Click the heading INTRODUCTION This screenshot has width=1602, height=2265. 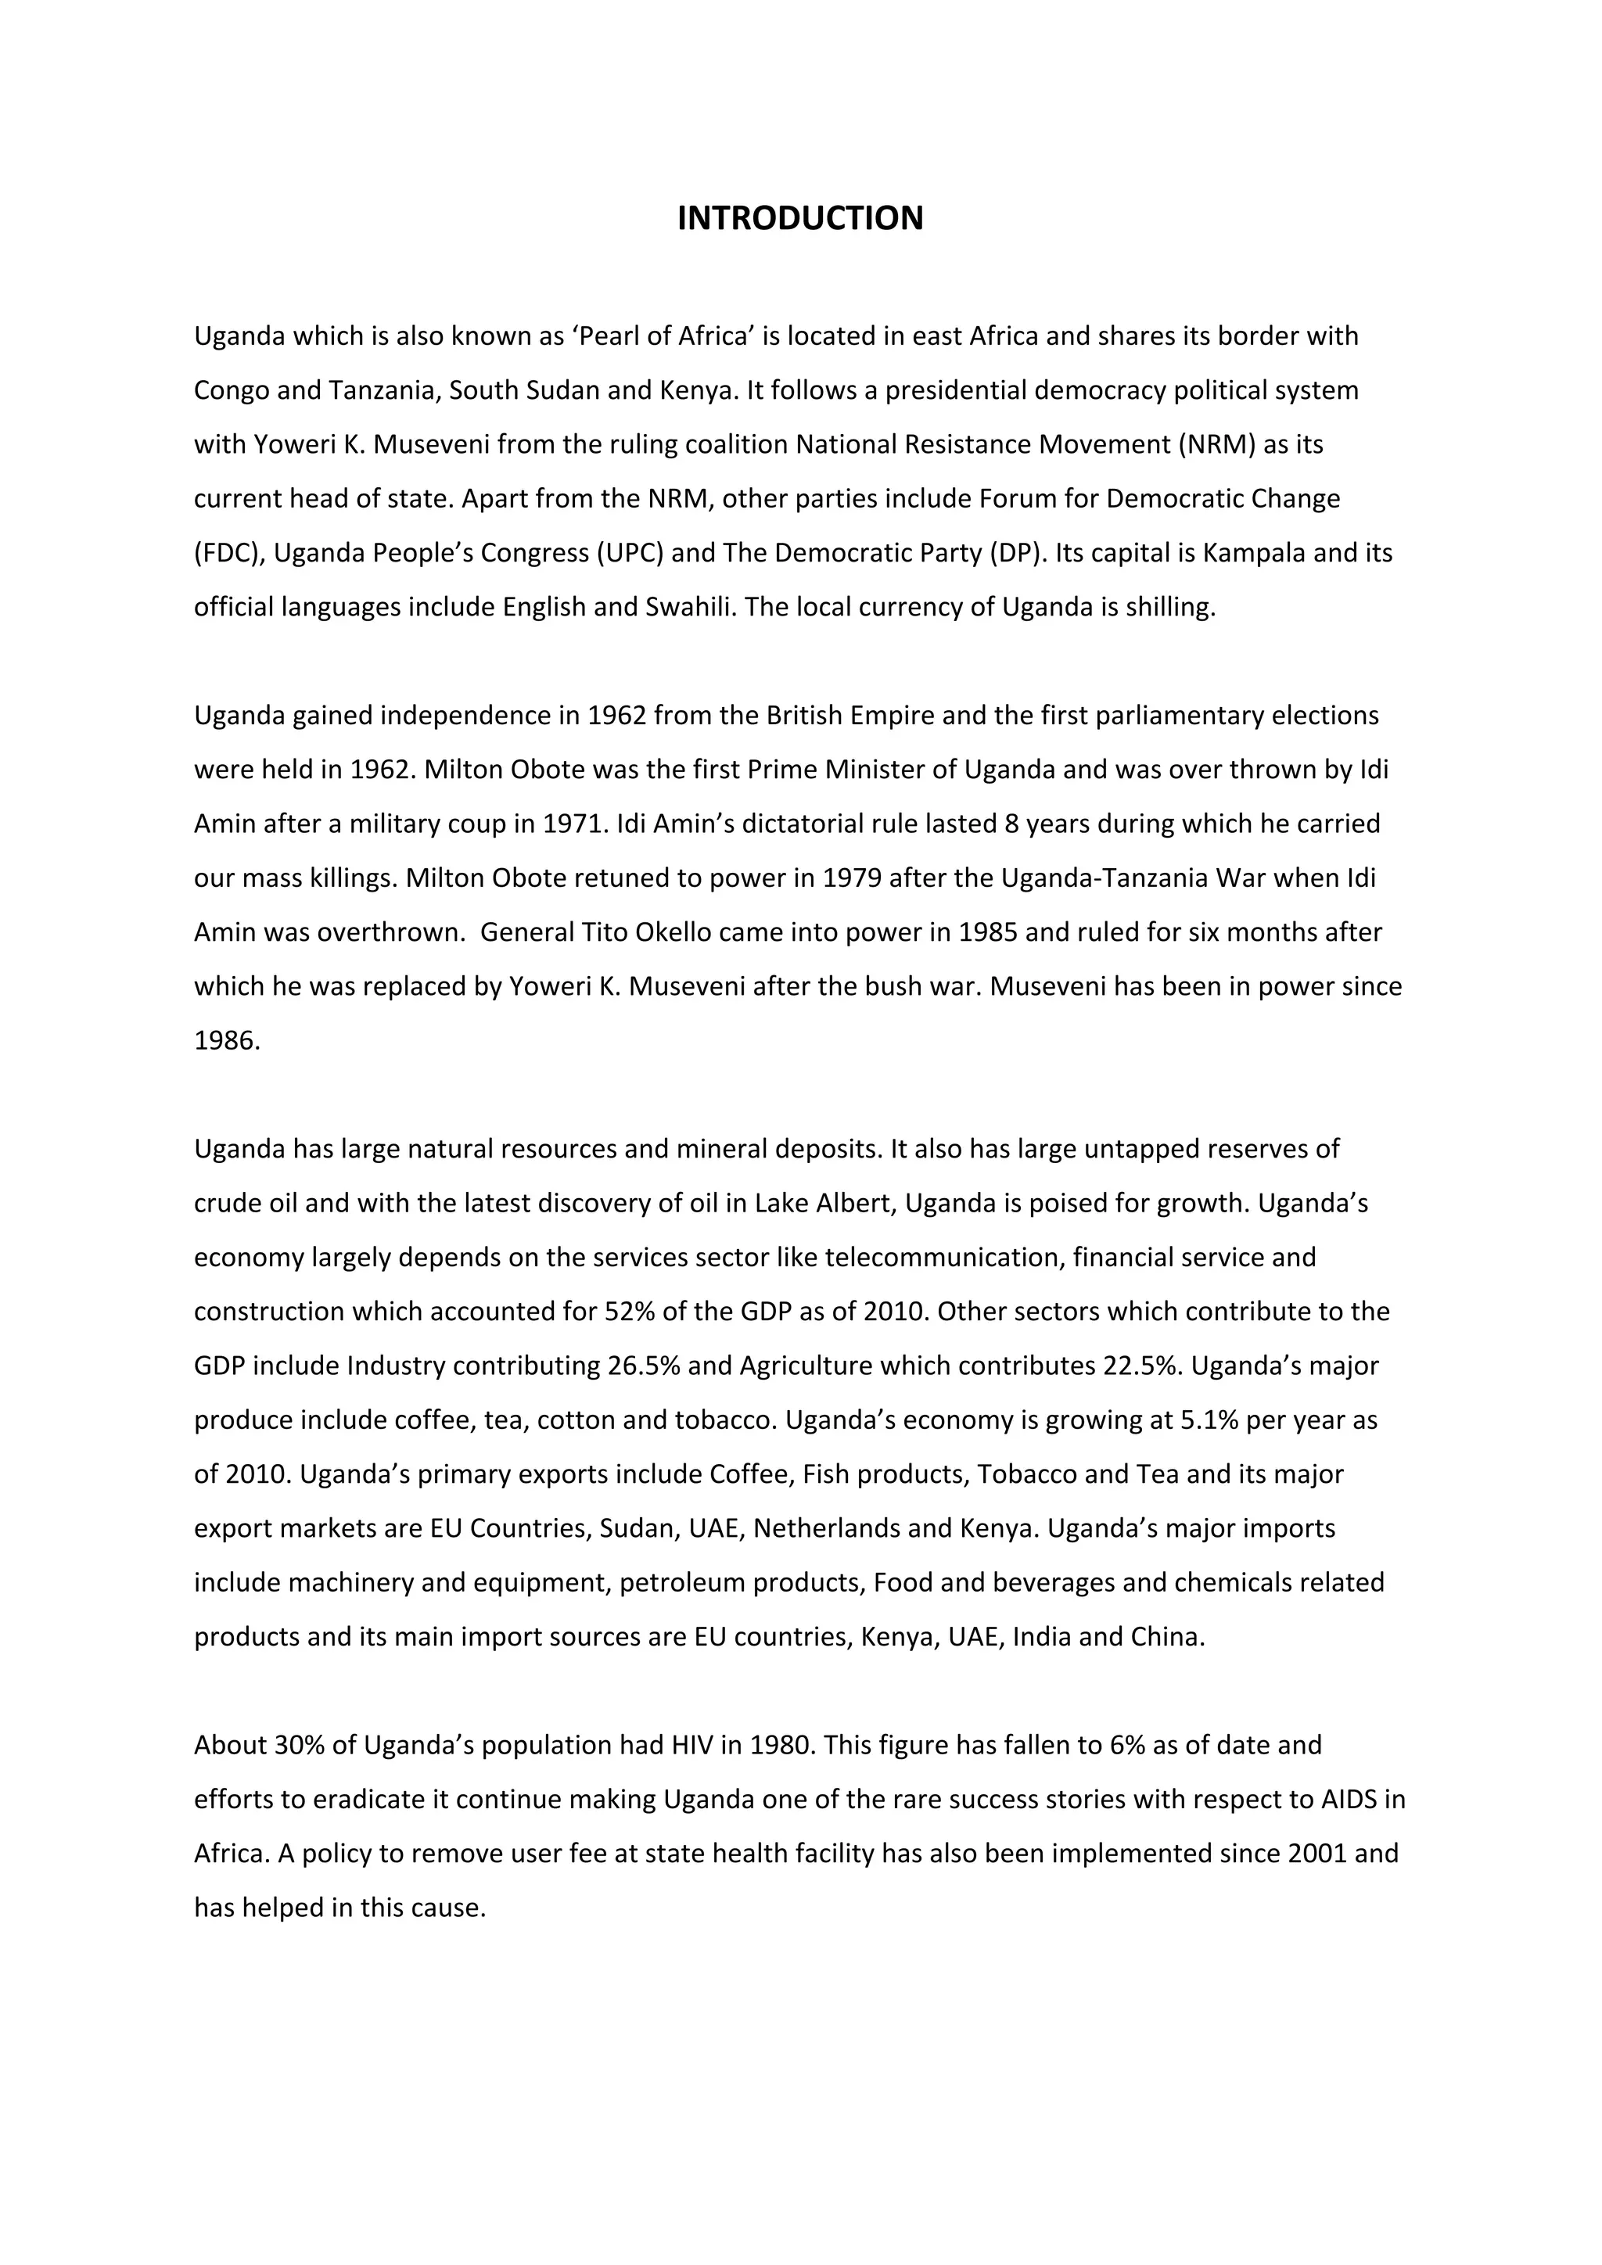(x=800, y=218)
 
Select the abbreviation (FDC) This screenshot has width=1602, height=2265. (x=229, y=554)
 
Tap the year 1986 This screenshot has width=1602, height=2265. (x=226, y=1041)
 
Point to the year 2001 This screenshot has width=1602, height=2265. (x=1317, y=1854)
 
